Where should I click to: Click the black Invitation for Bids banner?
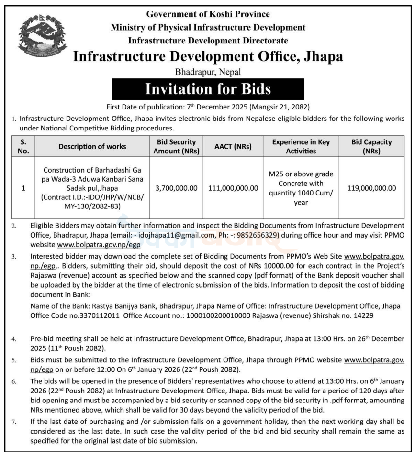pyautogui.click(x=207, y=89)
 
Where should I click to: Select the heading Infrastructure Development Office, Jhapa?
pyautogui.click(x=208, y=56)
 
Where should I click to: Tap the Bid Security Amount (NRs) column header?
pyautogui.click(x=176, y=146)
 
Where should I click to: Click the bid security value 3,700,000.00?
pyautogui.click(x=176, y=188)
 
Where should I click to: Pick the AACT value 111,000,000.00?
pyautogui.click(x=233, y=188)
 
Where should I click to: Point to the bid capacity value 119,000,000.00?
pyautogui.click(x=371, y=188)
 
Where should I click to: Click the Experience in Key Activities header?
pyautogui.click(x=301, y=146)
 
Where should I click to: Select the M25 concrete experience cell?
pyautogui.click(x=301, y=188)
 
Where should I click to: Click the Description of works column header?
pyautogui.click(x=92, y=147)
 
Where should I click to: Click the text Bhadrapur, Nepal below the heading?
pyautogui.click(x=207, y=72)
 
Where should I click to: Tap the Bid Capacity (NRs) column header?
pyautogui.click(x=371, y=146)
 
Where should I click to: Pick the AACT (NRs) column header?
pyautogui.click(x=233, y=147)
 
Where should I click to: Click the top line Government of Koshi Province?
pyautogui.click(x=208, y=14)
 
